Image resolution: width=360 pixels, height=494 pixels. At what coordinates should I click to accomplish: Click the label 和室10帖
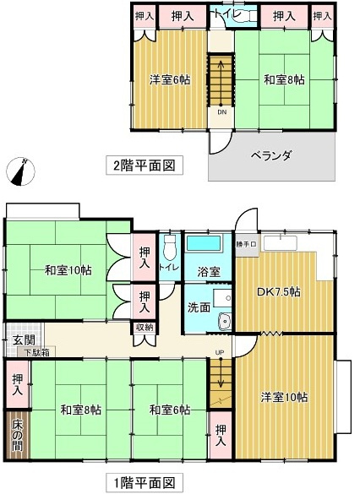[x=69, y=270]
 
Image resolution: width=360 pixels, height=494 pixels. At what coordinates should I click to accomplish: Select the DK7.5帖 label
[x=278, y=292]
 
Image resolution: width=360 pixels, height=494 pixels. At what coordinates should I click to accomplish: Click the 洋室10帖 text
[x=284, y=397]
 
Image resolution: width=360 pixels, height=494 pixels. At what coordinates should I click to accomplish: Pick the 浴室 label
[x=209, y=272]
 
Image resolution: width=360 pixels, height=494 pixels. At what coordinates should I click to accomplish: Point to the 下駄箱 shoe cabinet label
[x=36, y=352]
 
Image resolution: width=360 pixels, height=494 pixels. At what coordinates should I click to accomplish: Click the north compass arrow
[x=19, y=171]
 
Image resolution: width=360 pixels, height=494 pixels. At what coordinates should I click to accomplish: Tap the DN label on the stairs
[x=221, y=111]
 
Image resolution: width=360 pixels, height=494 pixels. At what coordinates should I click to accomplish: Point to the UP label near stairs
[x=220, y=351]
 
